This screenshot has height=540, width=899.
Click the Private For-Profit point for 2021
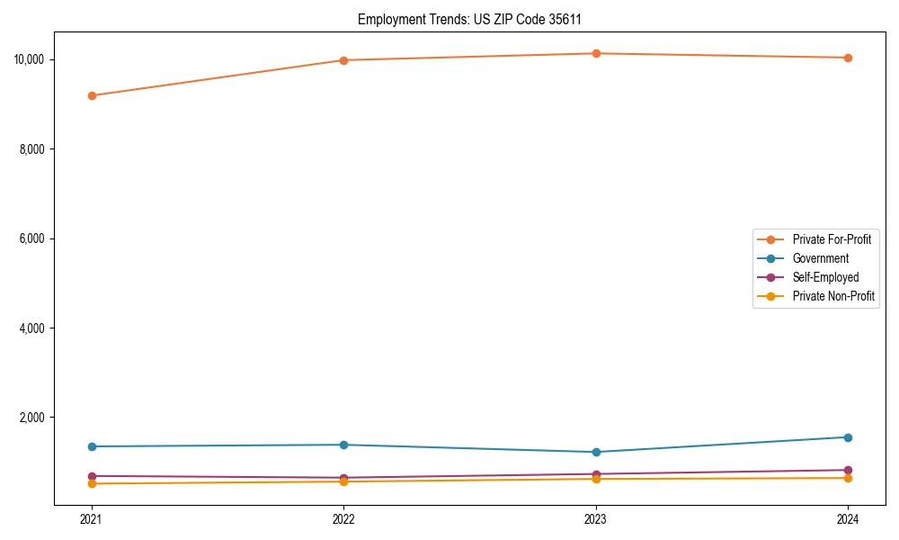point(92,95)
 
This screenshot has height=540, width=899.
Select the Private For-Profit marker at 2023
point(596,54)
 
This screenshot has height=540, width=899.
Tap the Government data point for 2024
point(848,437)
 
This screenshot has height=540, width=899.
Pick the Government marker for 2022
point(343,445)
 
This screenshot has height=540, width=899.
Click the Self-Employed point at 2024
point(848,470)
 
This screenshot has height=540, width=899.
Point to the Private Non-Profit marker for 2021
point(92,484)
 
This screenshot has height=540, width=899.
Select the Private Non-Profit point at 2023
point(596,479)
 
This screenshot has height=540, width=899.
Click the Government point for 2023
point(596,452)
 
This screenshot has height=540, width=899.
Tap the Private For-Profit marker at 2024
point(848,58)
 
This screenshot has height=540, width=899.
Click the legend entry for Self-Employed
point(825,277)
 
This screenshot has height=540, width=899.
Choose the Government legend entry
point(820,258)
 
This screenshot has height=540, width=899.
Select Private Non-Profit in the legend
point(832,296)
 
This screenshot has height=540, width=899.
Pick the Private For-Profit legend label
point(831,239)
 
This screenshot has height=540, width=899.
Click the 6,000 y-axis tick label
point(36,238)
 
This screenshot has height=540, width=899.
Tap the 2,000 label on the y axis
point(36,418)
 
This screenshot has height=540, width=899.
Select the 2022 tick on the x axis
point(343,519)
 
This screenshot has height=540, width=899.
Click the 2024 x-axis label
point(848,519)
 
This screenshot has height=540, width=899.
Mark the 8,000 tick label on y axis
point(36,149)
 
